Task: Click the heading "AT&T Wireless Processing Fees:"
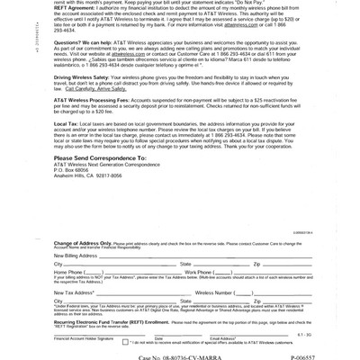point(94,98)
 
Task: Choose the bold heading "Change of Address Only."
point(82,243)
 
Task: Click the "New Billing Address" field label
point(75,256)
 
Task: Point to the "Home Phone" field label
point(68,271)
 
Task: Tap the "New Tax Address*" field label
point(74,292)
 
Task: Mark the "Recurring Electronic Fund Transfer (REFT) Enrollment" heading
point(111,320)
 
